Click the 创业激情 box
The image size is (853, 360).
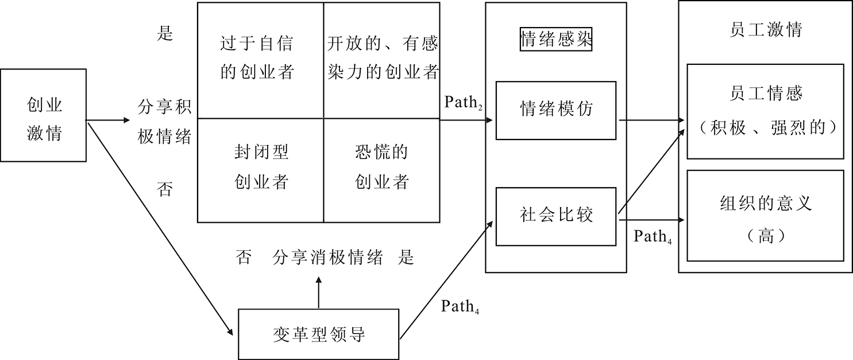(44, 115)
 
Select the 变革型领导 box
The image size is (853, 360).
(318, 334)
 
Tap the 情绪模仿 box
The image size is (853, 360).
(555, 110)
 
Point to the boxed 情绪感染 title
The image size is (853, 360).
(555, 41)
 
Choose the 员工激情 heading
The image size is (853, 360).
(765, 30)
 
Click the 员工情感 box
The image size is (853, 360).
(765, 110)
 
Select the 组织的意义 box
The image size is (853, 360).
(765, 215)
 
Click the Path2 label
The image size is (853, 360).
(463, 103)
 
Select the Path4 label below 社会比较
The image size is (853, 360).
(653, 237)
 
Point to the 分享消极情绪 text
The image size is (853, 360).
(328, 258)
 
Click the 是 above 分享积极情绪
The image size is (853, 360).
(165, 34)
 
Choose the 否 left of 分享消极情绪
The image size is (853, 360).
(243, 258)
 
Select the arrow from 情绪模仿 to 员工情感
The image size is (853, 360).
(652, 121)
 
